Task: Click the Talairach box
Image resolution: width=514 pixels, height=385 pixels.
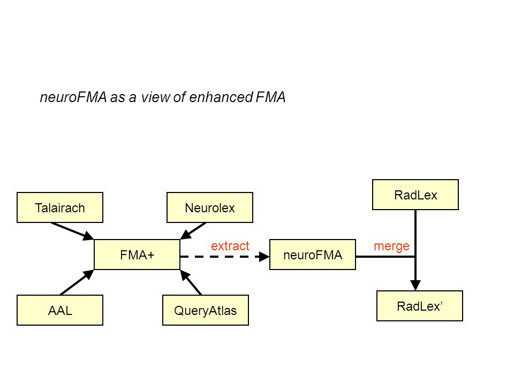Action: tap(60, 207)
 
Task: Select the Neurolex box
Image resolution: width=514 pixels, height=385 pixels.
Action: tap(210, 207)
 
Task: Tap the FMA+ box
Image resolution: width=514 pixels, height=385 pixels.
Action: tap(137, 255)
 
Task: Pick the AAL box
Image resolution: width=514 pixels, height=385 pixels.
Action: tap(60, 310)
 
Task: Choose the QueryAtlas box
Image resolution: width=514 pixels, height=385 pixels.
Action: tap(206, 310)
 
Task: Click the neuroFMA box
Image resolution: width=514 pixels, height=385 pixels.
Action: tap(313, 255)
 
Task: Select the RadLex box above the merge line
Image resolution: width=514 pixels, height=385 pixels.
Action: tap(415, 195)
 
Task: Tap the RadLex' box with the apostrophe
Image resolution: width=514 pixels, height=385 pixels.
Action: tap(420, 306)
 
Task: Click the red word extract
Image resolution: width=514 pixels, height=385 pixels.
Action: tap(230, 246)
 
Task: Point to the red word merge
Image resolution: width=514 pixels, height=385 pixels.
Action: tap(392, 246)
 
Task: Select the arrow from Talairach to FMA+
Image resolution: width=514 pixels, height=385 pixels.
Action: tap(72, 231)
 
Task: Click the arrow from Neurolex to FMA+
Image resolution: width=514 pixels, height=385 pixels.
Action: tap(193, 231)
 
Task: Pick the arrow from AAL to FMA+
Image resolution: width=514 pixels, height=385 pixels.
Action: tap(77, 282)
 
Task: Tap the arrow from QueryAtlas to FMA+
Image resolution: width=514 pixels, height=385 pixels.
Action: tap(191, 282)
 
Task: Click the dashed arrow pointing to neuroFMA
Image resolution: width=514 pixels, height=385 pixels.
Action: tap(225, 257)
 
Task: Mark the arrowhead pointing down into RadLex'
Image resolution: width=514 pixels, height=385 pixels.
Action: tap(415, 285)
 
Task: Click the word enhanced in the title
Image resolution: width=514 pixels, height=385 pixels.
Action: tap(221, 97)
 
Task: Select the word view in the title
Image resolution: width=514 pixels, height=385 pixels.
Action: tap(155, 97)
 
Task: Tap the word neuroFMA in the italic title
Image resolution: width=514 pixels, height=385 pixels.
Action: tap(73, 97)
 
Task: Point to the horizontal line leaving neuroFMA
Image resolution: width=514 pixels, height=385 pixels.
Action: tap(385, 257)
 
